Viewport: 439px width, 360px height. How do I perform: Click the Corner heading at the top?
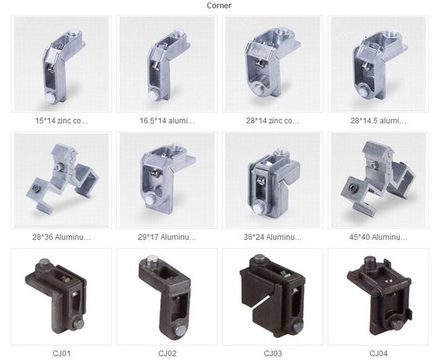[x=219, y=5]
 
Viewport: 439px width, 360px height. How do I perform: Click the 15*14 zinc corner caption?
[x=61, y=121]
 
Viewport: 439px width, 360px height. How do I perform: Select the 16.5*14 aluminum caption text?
[x=167, y=121]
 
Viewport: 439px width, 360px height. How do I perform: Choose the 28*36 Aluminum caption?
[x=61, y=237]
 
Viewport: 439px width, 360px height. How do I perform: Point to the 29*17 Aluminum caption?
[x=167, y=237]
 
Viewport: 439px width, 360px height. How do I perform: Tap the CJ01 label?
[x=61, y=353]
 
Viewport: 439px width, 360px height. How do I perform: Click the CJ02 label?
[x=167, y=353]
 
